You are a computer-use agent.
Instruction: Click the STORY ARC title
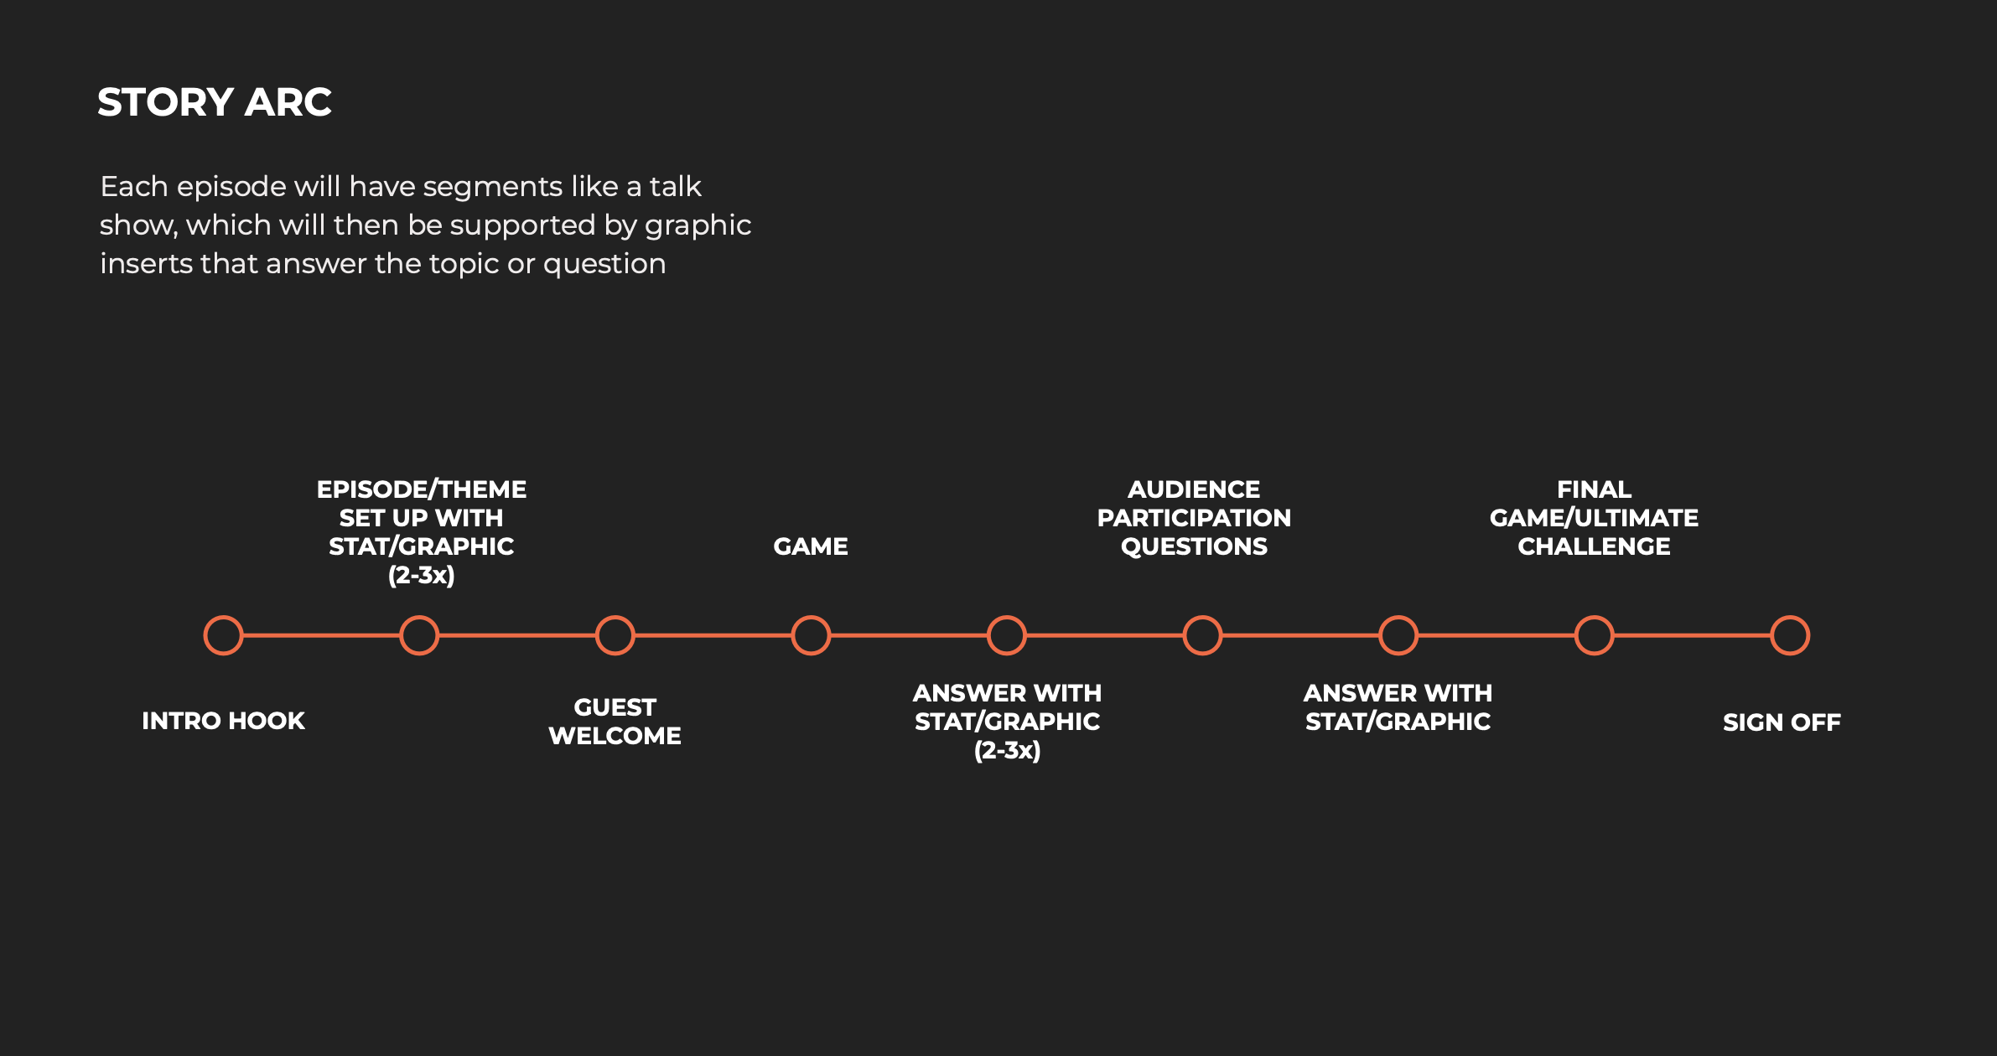click(215, 102)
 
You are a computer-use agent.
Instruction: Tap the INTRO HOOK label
click(223, 721)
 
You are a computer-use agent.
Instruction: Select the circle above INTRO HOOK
click(224, 635)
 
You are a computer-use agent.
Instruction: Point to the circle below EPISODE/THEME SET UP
click(419, 635)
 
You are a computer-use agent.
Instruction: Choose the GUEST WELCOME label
click(615, 722)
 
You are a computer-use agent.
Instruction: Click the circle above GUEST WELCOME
click(615, 635)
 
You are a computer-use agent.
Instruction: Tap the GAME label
click(810, 546)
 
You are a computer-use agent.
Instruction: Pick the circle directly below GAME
click(811, 635)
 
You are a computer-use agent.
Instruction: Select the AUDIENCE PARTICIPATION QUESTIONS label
click(1194, 518)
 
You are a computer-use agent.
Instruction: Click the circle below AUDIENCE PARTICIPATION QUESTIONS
click(1202, 635)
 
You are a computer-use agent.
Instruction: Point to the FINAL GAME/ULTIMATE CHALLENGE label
click(1594, 518)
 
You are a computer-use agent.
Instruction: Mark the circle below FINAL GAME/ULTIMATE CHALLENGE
click(1594, 635)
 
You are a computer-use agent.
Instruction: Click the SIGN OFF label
click(1782, 722)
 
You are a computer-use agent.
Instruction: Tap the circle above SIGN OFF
click(1790, 635)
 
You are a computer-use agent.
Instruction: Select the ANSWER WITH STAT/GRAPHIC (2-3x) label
click(1007, 722)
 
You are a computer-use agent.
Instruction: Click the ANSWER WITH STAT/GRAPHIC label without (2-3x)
click(1398, 707)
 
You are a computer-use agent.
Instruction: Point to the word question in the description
click(604, 264)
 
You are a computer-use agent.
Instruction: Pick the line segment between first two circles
click(321, 635)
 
